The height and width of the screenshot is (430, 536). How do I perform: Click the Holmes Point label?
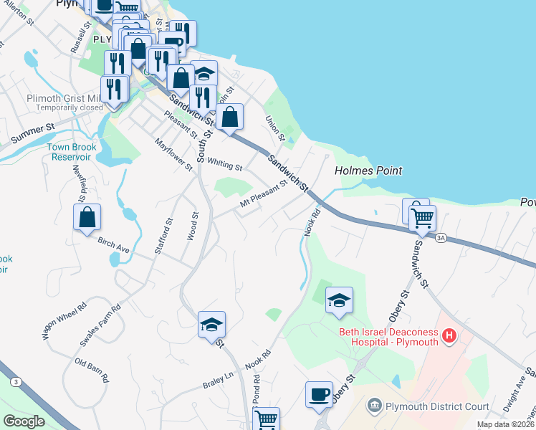[368, 171]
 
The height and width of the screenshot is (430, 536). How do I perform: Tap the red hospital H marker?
[449, 335]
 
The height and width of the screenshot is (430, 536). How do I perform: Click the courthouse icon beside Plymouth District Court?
[375, 407]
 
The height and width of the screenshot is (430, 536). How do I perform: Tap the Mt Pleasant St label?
[263, 193]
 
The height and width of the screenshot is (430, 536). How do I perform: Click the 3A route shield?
[441, 239]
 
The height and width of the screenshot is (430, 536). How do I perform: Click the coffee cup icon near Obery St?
[319, 393]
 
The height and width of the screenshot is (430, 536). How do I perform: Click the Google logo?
[24, 421]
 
